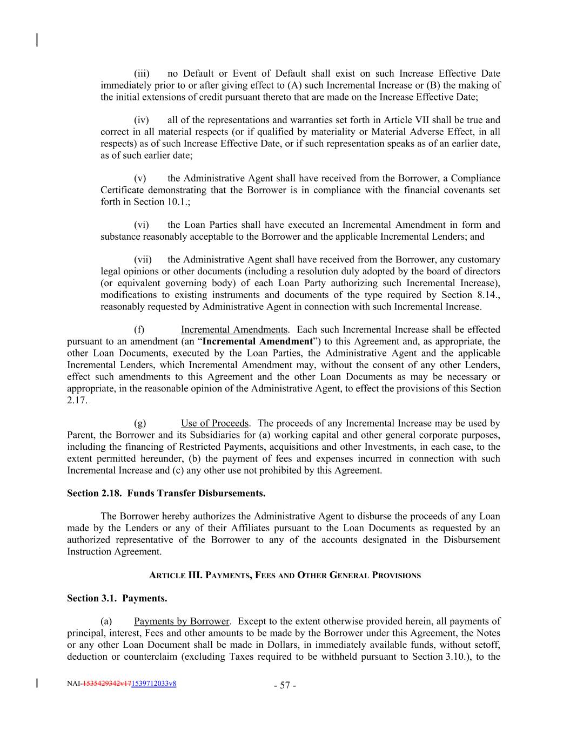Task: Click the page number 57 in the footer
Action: (x=285, y=686)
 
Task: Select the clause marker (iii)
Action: (x=142, y=73)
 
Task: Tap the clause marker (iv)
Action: (x=142, y=120)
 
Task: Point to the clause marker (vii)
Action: (x=143, y=260)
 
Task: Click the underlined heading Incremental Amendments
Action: (x=234, y=330)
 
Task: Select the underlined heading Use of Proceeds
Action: (x=214, y=423)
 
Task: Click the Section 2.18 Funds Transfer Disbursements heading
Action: (x=166, y=493)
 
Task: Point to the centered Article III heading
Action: (x=285, y=576)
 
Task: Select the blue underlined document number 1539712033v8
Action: (x=153, y=684)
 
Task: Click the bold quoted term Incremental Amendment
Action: (x=257, y=342)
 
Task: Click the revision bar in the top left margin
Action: (x=37, y=40)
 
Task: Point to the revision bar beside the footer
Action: (x=37, y=684)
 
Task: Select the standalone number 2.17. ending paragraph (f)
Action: (x=77, y=401)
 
